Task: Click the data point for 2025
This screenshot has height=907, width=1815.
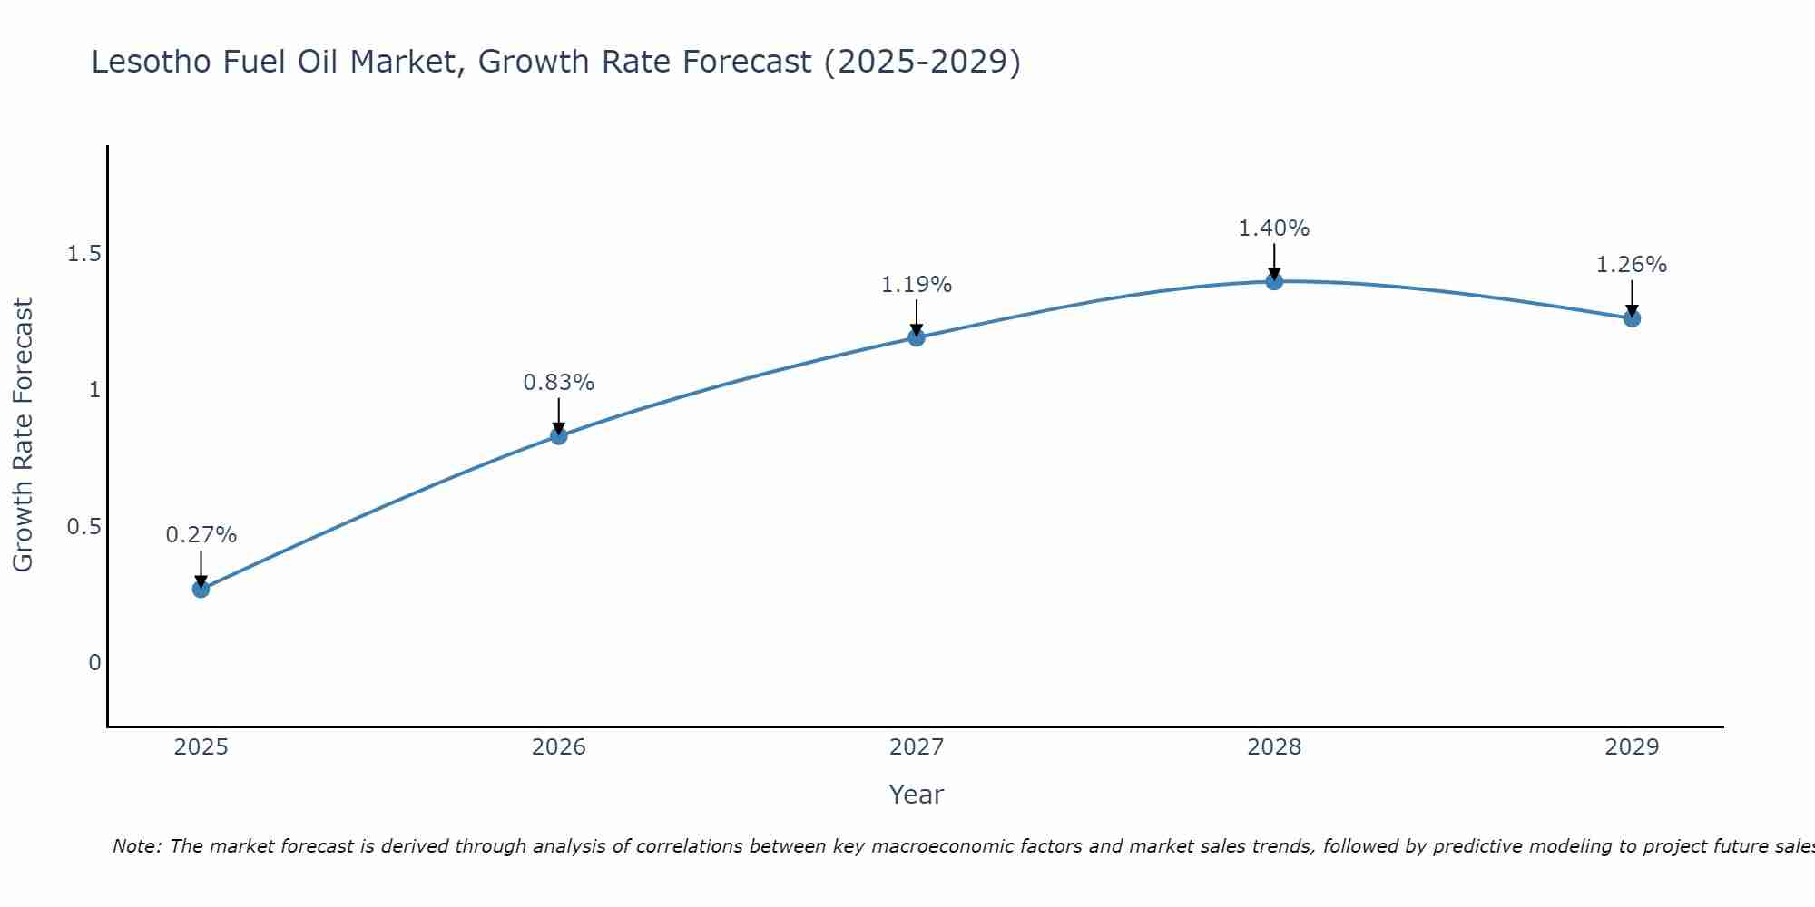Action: click(x=201, y=589)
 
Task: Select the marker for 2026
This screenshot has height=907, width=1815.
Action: click(x=558, y=435)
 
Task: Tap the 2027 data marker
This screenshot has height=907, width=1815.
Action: click(x=917, y=337)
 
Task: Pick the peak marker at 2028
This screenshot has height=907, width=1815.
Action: click(x=1274, y=281)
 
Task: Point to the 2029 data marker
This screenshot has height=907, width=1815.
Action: click(x=1632, y=318)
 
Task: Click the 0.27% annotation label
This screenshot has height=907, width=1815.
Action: click(x=201, y=535)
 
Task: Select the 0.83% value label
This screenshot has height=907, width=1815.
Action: click(x=558, y=383)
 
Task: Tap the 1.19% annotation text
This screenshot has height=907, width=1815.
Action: click(x=917, y=285)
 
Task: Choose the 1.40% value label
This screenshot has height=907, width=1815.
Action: click(x=1274, y=229)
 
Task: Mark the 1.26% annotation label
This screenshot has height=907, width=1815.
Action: click(x=1632, y=265)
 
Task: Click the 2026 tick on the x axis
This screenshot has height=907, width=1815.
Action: click(x=558, y=747)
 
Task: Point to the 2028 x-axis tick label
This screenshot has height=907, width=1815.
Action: click(x=1274, y=747)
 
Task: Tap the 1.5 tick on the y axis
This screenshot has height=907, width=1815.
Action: click(x=83, y=254)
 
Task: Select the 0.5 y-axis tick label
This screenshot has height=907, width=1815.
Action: click(x=83, y=527)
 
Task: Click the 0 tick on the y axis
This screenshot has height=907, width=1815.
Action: click(x=94, y=663)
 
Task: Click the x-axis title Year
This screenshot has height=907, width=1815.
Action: click(x=917, y=795)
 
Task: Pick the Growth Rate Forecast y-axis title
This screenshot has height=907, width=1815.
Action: click(x=23, y=435)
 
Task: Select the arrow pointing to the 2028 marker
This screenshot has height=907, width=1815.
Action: click(x=1274, y=261)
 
